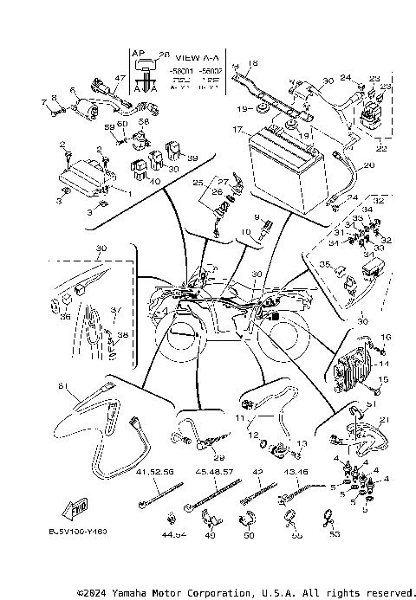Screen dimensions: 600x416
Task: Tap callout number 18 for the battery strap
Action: (x=252, y=63)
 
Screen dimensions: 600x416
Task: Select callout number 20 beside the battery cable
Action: (x=369, y=165)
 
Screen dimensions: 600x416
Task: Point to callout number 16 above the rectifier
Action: (x=387, y=337)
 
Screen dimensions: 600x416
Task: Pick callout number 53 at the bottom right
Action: (x=336, y=536)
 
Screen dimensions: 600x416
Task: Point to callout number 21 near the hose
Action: (x=383, y=420)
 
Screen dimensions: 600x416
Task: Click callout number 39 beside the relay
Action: (x=192, y=158)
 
